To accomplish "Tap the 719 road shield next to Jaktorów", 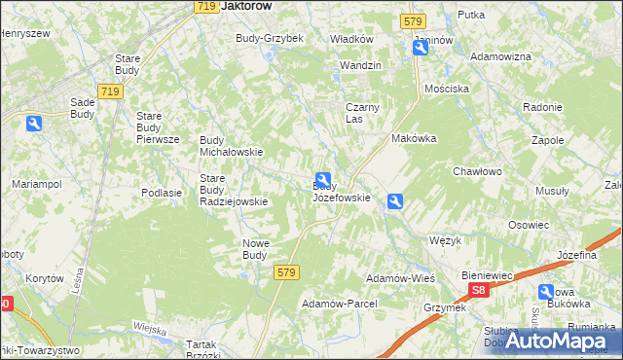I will click(x=204, y=6).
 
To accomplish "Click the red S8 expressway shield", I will click(x=477, y=290).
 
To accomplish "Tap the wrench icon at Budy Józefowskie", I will click(x=322, y=180).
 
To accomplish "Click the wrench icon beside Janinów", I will click(x=420, y=47).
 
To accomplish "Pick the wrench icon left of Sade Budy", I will click(x=34, y=124).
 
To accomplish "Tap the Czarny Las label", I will click(x=361, y=113).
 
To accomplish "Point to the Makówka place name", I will click(x=414, y=139).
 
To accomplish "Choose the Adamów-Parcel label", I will click(x=339, y=304).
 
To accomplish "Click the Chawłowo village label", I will click(x=476, y=171).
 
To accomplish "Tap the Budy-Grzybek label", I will click(x=270, y=38).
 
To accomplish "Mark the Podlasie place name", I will click(x=162, y=193).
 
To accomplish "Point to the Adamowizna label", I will click(x=500, y=56).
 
